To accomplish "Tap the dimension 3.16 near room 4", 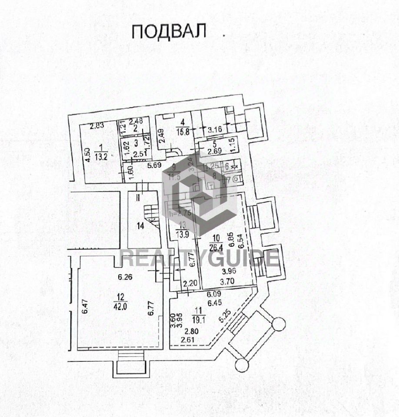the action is pos(215,129).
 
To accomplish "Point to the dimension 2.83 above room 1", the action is pos(97,126).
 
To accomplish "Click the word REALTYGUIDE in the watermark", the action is pos(199,258).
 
